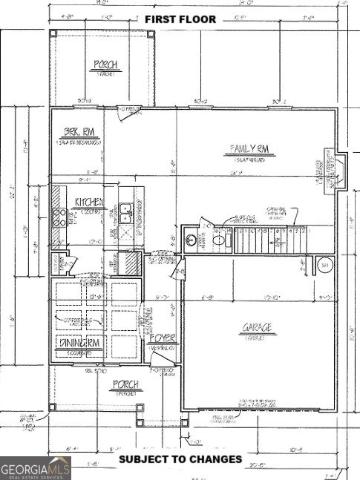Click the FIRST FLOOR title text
pos(180,19)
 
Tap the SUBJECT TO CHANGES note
pos(180,459)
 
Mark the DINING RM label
pos(82,343)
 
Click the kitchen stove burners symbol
pos(58,217)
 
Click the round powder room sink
pos(192,240)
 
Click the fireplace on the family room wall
pos(332,169)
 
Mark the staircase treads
pos(267,239)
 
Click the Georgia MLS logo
pos(36,467)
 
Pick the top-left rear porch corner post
pos(53,34)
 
